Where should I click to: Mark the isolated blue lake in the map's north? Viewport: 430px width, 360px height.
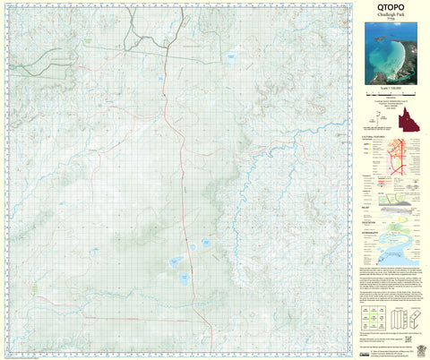click(x=231, y=61)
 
